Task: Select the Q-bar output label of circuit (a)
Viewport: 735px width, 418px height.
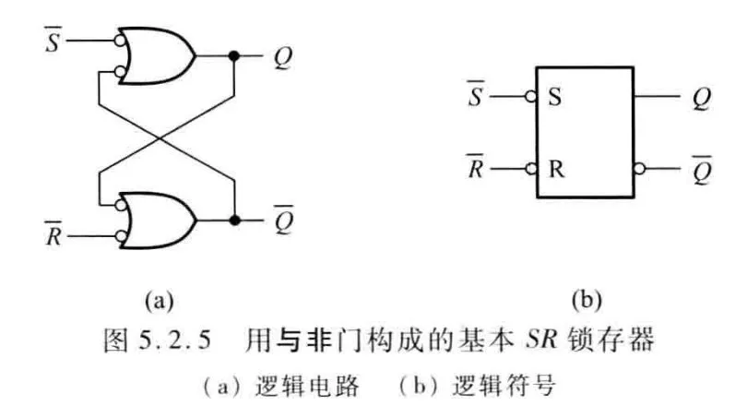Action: click(282, 221)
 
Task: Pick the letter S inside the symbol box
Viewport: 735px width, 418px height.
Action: click(556, 96)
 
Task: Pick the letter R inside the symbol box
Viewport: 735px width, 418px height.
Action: click(556, 170)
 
